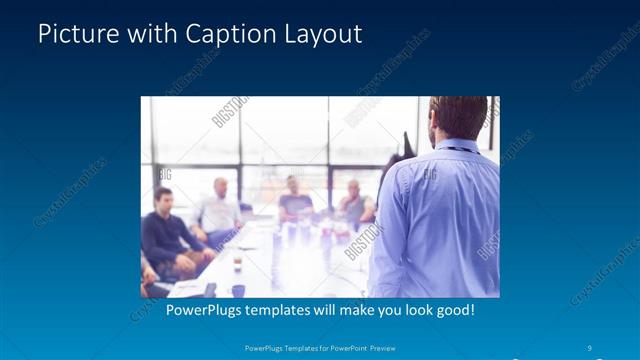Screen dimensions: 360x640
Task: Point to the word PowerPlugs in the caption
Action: pyautogui.click(x=204, y=310)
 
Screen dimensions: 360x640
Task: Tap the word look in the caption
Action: pyautogui.click(x=411, y=310)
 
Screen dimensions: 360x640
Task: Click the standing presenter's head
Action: pyautogui.click(x=458, y=117)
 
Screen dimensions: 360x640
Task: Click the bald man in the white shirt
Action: pyautogui.click(x=219, y=208)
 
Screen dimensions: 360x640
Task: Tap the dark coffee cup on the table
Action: pyautogui.click(x=237, y=263)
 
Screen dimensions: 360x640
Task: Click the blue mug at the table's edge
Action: pyautogui.click(x=238, y=290)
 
